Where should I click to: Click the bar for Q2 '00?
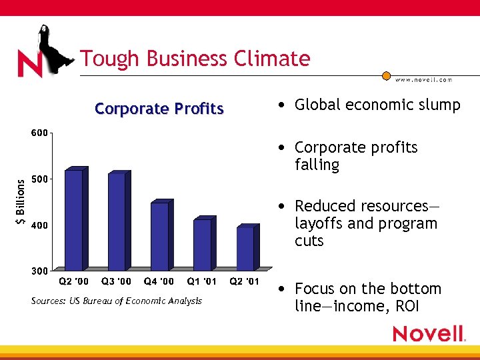(x=73, y=220)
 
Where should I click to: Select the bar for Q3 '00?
(x=117, y=221)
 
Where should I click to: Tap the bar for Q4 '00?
(x=159, y=236)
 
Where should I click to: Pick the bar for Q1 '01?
(x=202, y=245)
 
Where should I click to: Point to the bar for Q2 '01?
(x=245, y=249)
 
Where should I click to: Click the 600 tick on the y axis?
(x=39, y=133)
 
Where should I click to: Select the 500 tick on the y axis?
(x=39, y=179)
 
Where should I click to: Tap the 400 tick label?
(x=39, y=225)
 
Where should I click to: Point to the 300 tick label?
(x=39, y=271)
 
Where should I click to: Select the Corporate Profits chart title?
(x=159, y=109)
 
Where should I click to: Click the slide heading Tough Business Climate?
(x=195, y=59)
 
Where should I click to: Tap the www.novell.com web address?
(x=423, y=79)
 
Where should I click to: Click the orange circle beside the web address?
(x=386, y=76)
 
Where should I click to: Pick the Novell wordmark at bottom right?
(x=428, y=333)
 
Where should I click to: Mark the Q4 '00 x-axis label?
(x=159, y=281)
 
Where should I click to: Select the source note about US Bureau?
(x=116, y=301)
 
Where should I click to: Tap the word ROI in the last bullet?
(x=408, y=307)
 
